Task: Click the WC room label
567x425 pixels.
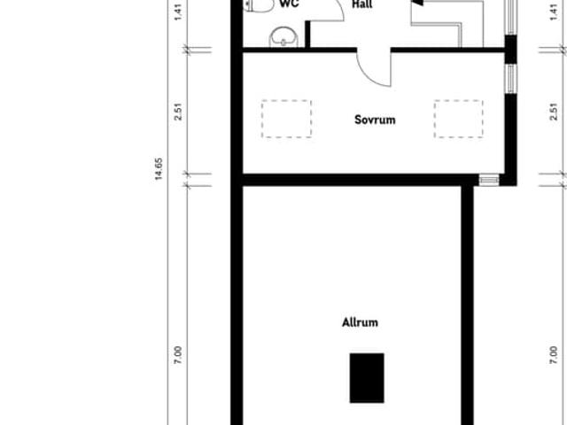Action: pos(288,4)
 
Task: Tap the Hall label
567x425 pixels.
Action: pos(361,4)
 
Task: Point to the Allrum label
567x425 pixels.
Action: pos(360,322)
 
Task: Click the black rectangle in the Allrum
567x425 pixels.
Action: pos(367,376)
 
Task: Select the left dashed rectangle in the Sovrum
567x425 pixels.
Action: pos(286,119)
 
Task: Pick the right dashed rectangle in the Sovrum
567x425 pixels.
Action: pos(459,119)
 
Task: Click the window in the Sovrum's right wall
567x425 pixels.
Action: pos(510,79)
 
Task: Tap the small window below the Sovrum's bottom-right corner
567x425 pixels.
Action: pos(489,180)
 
